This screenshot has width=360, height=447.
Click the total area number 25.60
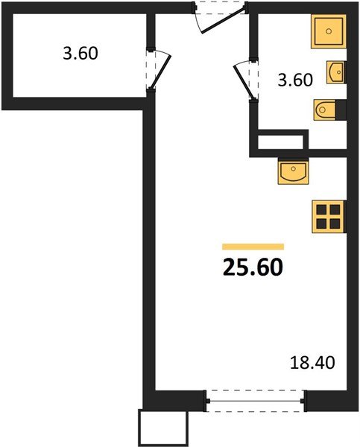pyautogui.click(x=253, y=265)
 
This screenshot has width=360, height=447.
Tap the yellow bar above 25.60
pyautogui.click(x=253, y=246)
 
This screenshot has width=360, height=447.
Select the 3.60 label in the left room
pyautogui.click(x=79, y=54)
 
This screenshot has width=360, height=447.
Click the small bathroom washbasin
pyautogui.click(x=335, y=72)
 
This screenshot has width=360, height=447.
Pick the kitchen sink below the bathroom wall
pyautogui.click(x=293, y=172)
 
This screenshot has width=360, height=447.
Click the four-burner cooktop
pyautogui.click(x=328, y=216)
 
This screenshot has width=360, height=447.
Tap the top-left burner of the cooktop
pyautogui.click(x=321, y=209)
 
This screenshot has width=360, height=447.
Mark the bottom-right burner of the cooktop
pyautogui.click(x=335, y=223)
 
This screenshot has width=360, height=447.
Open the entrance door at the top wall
pyautogui.click(x=218, y=16)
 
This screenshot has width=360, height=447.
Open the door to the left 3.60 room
pyautogui.click(x=158, y=69)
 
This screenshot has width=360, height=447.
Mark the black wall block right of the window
pyautogui.click(x=328, y=400)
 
